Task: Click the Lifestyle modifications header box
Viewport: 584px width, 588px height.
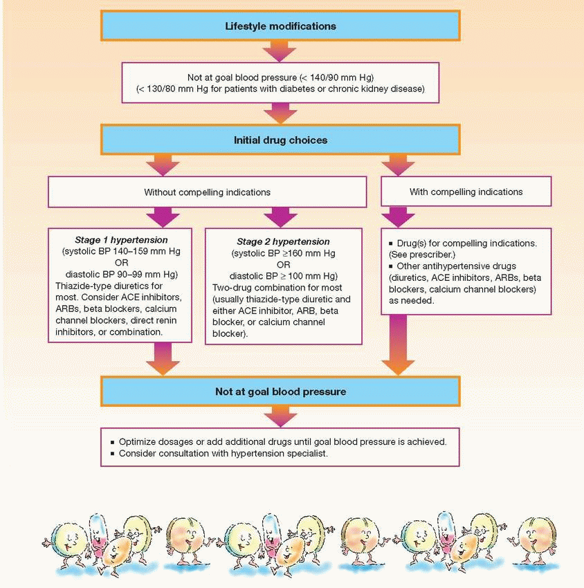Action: (280, 26)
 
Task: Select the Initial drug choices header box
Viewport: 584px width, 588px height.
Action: (280, 140)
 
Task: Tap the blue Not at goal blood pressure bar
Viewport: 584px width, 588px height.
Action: (280, 392)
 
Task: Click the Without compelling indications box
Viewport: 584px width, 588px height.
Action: (206, 192)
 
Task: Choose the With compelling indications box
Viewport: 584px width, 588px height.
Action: (466, 192)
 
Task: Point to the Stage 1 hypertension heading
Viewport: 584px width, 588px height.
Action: (121, 240)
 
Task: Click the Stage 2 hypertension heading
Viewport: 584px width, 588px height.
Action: (283, 242)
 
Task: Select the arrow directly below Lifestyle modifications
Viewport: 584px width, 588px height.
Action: (280, 50)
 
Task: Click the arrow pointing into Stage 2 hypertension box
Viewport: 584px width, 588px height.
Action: (283, 216)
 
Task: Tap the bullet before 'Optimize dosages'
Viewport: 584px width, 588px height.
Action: (113, 441)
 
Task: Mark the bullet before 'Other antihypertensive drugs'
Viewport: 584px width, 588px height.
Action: (391, 266)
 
